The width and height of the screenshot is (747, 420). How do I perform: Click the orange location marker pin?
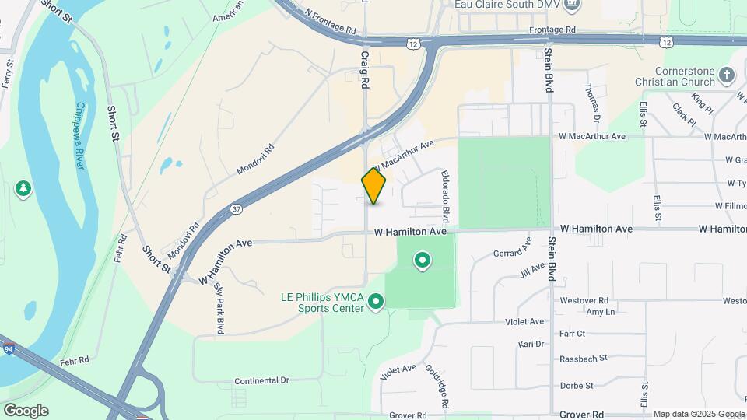[374, 185]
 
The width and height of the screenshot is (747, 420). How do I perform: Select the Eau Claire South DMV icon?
[573, 5]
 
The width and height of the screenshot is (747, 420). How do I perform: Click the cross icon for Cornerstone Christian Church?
[727, 75]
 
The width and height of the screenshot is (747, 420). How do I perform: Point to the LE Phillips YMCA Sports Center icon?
[376, 301]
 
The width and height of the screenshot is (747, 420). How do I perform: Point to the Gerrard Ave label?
[513, 247]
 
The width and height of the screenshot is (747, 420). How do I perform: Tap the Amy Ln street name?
[600, 312]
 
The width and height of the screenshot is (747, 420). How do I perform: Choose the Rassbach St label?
[577, 359]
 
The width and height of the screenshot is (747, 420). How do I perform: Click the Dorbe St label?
[577, 385]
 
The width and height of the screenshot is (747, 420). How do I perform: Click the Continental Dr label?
[261, 380]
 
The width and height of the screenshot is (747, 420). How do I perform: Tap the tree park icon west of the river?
[23, 188]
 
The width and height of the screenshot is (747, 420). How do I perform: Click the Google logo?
[26, 410]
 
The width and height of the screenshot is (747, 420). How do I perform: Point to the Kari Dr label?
[530, 343]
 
